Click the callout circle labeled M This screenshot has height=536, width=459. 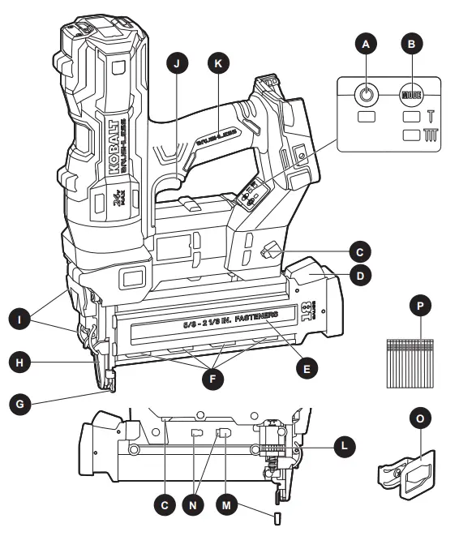point(229,504)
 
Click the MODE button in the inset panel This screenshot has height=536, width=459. point(413,95)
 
